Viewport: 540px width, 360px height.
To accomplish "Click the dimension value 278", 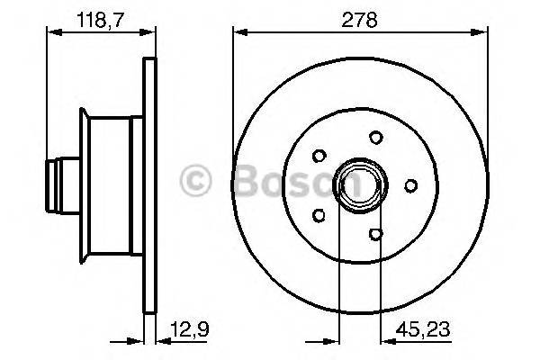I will click(360, 17).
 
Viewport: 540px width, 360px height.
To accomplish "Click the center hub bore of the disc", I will click(359, 185).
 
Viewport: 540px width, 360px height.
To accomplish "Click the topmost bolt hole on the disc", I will click(374, 138).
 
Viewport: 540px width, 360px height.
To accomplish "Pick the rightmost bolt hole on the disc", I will click(409, 185).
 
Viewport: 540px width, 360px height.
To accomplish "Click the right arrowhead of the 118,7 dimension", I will click(148, 32).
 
